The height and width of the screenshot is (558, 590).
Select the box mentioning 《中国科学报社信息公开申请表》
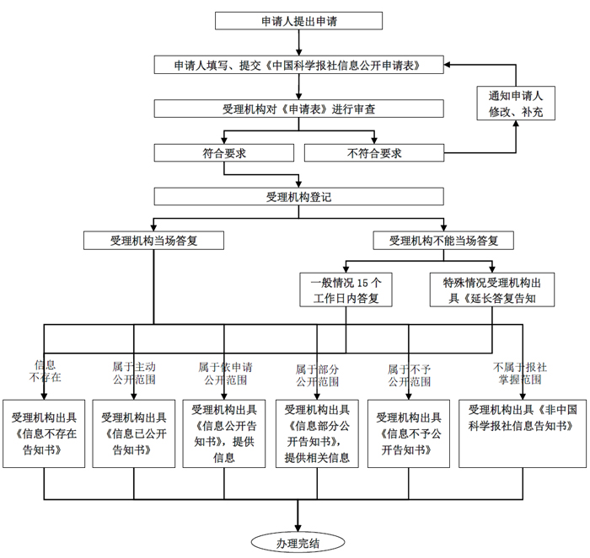click(299, 65)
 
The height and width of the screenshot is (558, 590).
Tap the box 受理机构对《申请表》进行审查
click(299, 109)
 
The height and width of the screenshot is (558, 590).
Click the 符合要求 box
click(223, 153)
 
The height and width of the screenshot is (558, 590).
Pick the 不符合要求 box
click(373, 153)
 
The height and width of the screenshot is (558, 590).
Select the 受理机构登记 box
click(299, 197)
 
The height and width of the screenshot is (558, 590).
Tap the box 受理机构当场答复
click(153, 240)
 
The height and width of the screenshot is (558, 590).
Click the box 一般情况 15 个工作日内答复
click(346, 290)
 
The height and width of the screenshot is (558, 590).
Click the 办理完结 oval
click(298, 542)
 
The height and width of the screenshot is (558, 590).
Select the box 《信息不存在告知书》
click(45, 433)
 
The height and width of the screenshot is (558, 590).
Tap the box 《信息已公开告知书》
click(134, 433)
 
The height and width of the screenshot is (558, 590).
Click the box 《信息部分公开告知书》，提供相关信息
click(317, 433)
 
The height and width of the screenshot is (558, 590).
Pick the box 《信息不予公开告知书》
click(408, 433)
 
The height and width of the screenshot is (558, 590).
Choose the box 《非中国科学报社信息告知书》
click(522, 433)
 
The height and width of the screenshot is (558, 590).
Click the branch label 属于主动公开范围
click(134, 374)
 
